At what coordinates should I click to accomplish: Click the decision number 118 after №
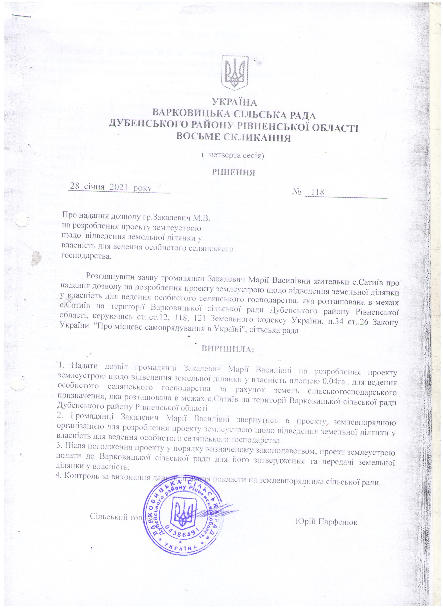[316, 192]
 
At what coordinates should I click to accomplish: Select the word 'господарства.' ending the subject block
[86, 256]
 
